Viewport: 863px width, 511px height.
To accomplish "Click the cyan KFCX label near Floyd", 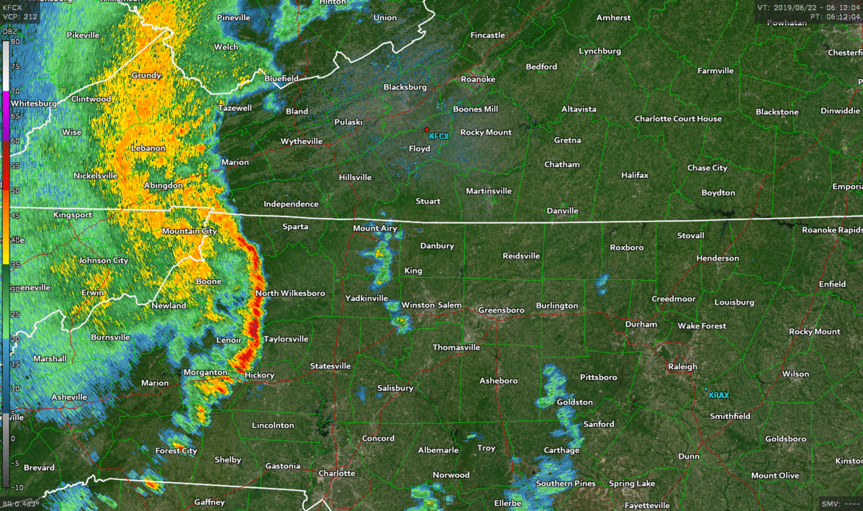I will click(x=439, y=136).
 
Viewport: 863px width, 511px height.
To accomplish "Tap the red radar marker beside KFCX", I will click(x=427, y=130).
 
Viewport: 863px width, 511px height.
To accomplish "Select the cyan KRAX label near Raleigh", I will click(x=719, y=395).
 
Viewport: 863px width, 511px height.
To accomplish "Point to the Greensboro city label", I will click(x=501, y=310).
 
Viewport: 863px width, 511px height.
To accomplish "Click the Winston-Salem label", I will click(x=432, y=305).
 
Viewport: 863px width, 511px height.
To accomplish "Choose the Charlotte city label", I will click(x=337, y=473).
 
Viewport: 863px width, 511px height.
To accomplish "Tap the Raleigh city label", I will click(x=683, y=367).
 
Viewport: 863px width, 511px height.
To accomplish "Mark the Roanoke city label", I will click(x=478, y=79).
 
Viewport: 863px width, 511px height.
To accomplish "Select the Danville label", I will click(x=563, y=211).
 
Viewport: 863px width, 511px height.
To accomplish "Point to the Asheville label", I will click(x=70, y=397).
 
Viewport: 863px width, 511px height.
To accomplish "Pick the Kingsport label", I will click(x=72, y=215).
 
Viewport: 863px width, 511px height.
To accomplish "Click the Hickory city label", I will click(x=260, y=375).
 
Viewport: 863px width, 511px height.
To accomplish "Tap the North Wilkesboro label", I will click(x=290, y=293).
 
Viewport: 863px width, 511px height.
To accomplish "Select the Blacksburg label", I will click(x=405, y=88).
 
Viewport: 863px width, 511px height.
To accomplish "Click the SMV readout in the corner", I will click(x=840, y=503).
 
